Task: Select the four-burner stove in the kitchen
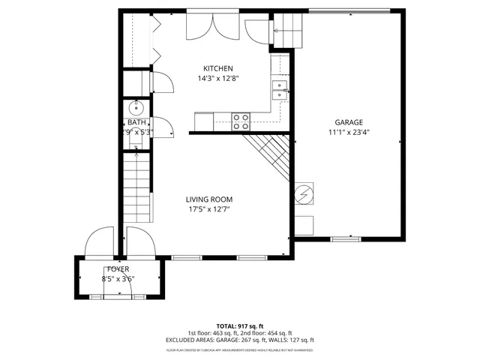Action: [241, 121]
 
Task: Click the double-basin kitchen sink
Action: [280, 90]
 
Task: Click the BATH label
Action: [136, 122]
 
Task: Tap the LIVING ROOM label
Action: [209, 199]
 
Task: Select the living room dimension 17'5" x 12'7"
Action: [209, 209]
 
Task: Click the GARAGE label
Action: [349, 122]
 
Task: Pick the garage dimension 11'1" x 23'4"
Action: [349, 132]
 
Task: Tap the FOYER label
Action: [118, 268]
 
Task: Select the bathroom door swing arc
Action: [161, 126]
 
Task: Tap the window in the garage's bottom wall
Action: [346, 238]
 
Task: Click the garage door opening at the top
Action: [349, 11]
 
